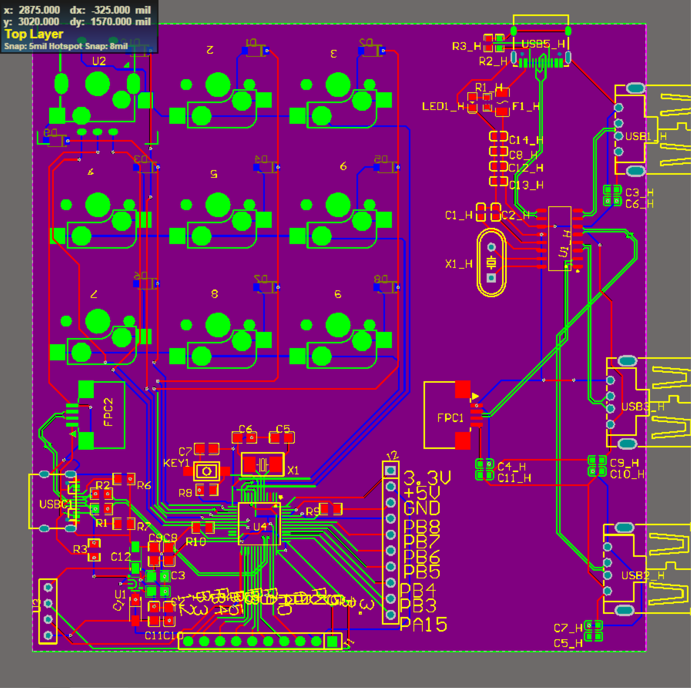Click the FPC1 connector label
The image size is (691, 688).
[x=450, y=418]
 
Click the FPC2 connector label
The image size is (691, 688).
[x=108, y=412]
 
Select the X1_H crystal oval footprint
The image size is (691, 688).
[x=491, y=263]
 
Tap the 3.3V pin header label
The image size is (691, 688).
[x=427, y=478]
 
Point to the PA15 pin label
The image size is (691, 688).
[x=423, y=624]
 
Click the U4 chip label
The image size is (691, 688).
[x=260, y=526]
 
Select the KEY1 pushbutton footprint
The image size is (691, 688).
[x=206, y=471]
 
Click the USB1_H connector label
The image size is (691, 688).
[x=646, y=136]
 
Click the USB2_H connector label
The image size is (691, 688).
[x=642, y=576]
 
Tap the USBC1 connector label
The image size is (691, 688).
[x=55, y=504]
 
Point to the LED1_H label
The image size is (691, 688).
[x=443, y=106]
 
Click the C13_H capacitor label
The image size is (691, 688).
[x=526, y=185]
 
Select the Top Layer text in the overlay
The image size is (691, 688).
[x=34, y=34]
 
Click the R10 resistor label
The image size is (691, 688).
[x=196, y=542]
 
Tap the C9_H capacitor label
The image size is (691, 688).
[x=624, y=463]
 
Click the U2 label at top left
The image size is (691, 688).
[x=99, y=61]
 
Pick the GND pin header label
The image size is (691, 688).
[x=422, y=508]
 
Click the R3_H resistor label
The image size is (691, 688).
[x=466, y=47]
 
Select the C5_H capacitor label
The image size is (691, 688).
[x=568, y=643]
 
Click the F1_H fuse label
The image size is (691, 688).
[x=525, y=106]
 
